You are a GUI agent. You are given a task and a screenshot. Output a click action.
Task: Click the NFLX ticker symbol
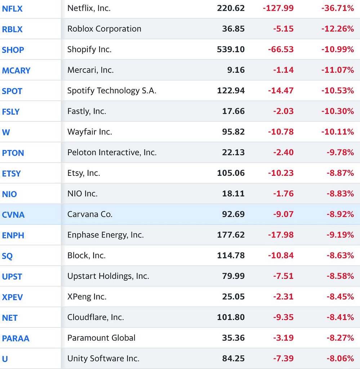pyautogui.click(x=12, y=8)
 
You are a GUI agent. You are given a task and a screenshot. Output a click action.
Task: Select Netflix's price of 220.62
pyautogui.click(x=231, y=8)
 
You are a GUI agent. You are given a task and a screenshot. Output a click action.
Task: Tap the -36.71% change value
pyautogui.click(x=337, y=8)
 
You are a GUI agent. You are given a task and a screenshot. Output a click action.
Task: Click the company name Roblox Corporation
pyautogui.click(x=104, y=29)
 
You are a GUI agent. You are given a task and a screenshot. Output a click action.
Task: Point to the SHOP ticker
pyautogui.click(x=13, y=50)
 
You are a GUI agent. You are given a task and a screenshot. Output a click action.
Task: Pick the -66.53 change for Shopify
pyautogui.click(x=281, y=49)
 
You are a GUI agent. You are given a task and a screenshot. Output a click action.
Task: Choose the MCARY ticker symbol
pyautogui.click(x=16, y=70)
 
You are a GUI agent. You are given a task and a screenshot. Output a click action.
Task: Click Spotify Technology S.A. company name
pyautogui.click(x=112, y=91)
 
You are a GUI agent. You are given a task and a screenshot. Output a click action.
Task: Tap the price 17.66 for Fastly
pyautogui.click(x=233, y=111)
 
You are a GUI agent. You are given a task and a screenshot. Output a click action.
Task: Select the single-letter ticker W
pyautogui.click(x=6, y=132)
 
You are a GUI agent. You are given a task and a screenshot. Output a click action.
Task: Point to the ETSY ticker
pyautogui.click(x=12, y=173)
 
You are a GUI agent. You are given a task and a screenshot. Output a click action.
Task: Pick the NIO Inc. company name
pyautogui.click(x=82, y=194)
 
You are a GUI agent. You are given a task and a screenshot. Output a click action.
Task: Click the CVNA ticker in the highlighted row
pyautogui.click(x=13, y=215)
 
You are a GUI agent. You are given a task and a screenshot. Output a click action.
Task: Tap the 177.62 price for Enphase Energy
pyautogui.click(x=231, y=235)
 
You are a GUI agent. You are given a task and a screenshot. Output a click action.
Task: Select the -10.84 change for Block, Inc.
pyautogui.click(x=281, y=255)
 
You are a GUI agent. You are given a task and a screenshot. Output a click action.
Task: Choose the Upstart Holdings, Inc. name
pyautogui.click(x=108, y=276)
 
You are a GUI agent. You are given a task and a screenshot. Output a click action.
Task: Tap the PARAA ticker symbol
pyautogui.click(x=15, y=338)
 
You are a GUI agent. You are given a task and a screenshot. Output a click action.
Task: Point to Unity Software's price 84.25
pyautogui.click(x=233, y=359)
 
